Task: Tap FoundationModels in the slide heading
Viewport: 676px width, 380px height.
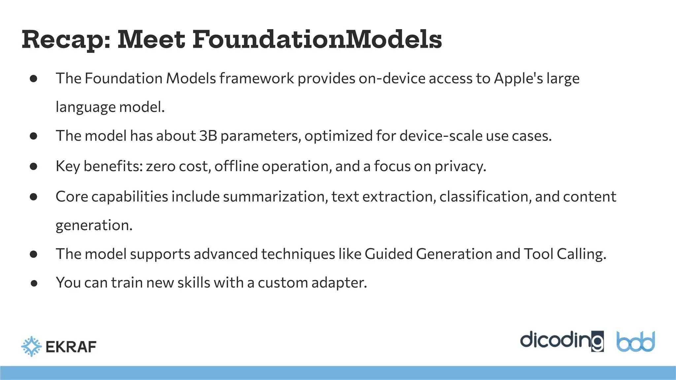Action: [x=317, y=40]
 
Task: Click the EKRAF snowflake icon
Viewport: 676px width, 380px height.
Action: [x=31, y=346]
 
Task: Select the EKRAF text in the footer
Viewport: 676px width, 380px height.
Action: [x=71, y=347]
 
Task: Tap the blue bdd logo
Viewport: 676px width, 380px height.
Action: [x=635, y=342]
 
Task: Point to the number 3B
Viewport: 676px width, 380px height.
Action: [x=208, y=136]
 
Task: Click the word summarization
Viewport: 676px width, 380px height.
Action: [x=275, y=197]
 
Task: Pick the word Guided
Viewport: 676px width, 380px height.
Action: [x=389, y=254]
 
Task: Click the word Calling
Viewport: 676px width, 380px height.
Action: [x=581, y=254]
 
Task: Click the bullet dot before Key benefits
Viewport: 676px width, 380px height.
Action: [x=33, y=166]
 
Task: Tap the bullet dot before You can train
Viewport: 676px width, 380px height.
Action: [x=33, y=283]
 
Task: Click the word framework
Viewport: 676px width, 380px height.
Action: [x=256, y=79]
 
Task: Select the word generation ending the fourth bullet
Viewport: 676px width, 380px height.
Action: [x=94, y=226]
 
